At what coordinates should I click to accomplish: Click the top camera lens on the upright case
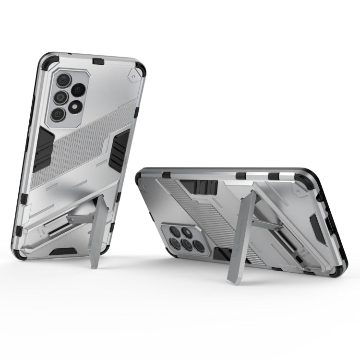pos(63,80)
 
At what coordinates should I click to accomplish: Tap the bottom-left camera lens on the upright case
pos(58,114)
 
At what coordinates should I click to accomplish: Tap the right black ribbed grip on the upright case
pos(119,149)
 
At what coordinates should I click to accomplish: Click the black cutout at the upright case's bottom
pos(63,251)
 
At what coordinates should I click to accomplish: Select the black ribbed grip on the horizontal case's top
pos(205,187)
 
